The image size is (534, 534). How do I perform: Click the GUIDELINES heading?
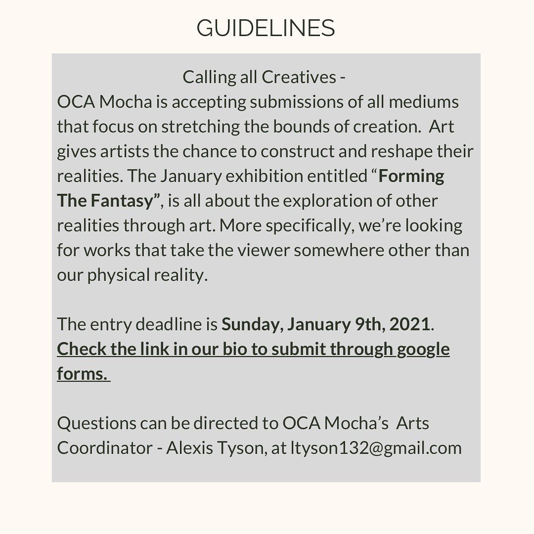click(266, 28)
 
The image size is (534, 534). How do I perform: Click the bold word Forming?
click(411, 177)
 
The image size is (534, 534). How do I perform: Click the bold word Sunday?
click(251, 324)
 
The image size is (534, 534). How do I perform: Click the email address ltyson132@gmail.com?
click(376, 448)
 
